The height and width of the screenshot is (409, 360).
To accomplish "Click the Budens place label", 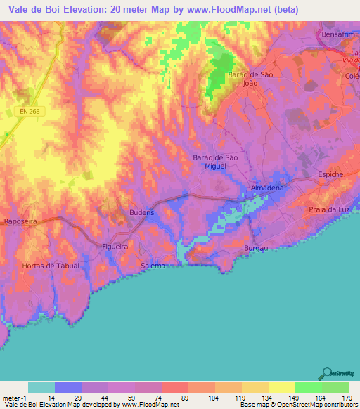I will click(142, 212).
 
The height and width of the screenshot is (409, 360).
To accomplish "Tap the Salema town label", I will click(153, 266).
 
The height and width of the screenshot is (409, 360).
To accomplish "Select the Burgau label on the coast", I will click(257, 249).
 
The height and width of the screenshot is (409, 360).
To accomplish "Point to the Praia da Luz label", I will click(330, 210).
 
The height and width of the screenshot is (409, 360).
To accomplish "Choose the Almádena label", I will click(268, 188).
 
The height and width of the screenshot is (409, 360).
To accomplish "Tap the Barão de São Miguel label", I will click(215, 161).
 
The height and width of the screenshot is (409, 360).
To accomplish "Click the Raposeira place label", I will click(20, 221).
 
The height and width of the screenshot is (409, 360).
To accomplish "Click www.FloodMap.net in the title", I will click(230, 10).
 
